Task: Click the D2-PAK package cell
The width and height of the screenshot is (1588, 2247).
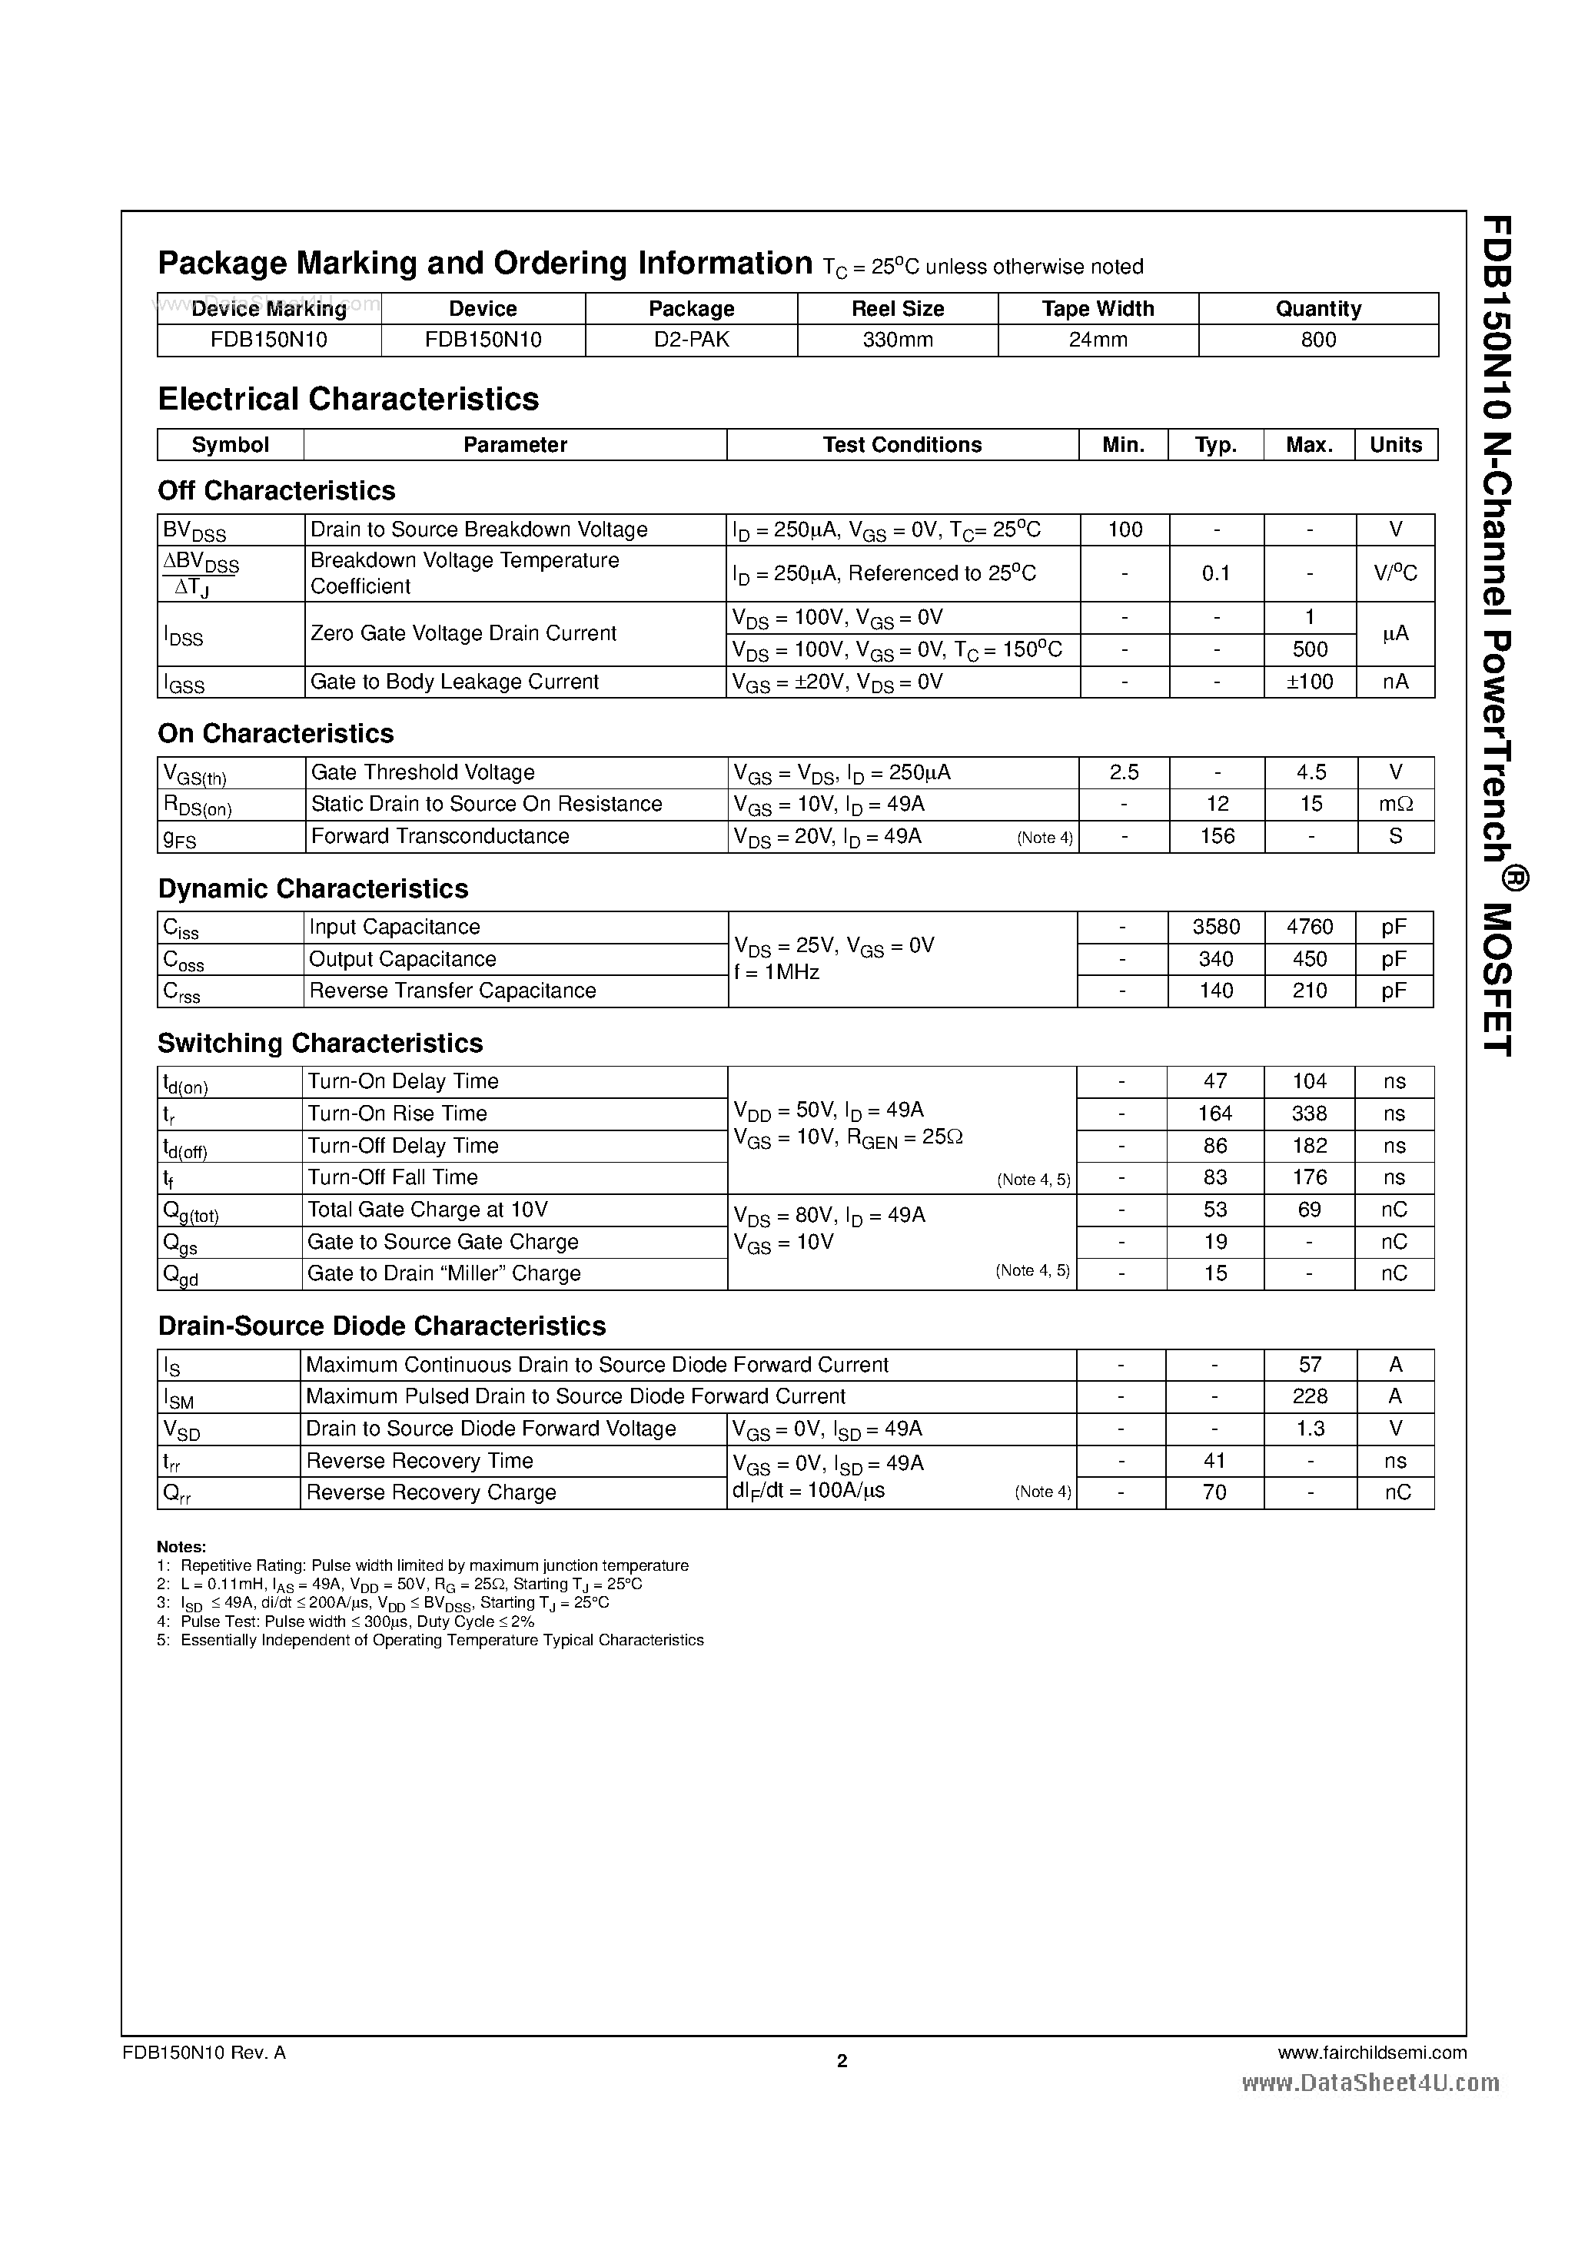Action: tap(691, 340)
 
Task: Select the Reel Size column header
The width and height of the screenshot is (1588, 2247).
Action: tap(897, 308)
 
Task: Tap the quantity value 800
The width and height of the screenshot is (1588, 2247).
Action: tap(1317, 340)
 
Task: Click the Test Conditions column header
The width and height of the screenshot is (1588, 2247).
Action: tap(902, 444)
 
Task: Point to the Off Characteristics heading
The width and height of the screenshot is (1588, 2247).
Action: tap(276, 490)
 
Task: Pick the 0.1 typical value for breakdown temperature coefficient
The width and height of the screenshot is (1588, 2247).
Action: tap(1216, 573)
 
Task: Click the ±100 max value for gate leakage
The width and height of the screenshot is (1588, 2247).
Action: tap(1310, 682)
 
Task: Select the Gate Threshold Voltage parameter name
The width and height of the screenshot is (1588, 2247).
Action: tap(423, 772)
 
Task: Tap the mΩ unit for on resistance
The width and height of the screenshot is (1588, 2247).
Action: tap(1395, 805)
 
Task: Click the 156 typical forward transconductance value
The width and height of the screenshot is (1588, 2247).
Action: tap(1217, 836)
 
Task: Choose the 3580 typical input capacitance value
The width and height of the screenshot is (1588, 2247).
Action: tap(1216, 927)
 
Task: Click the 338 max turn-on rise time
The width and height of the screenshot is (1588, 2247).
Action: tap(1309, 1114)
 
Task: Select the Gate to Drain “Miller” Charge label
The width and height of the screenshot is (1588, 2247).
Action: tap(444, 1273)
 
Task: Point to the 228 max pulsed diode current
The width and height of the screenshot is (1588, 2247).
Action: tap(1310, 1396)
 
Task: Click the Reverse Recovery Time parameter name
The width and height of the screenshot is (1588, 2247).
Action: tap(419, 1461)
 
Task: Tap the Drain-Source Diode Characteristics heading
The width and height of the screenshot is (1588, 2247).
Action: tap(382, 1326)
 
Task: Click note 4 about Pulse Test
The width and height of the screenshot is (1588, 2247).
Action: tap(346, 1621)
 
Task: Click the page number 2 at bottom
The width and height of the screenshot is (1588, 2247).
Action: tap(842, 2061)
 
